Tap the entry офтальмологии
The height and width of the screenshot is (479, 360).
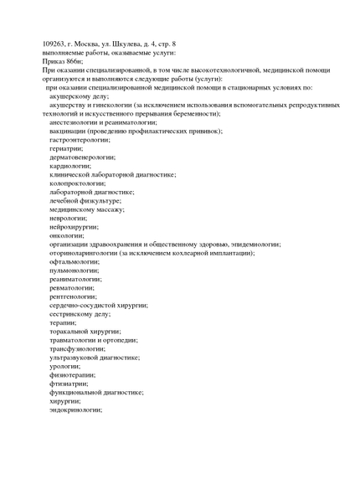(x=74, y=261)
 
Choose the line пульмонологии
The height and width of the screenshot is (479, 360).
(x=74, y=270)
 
